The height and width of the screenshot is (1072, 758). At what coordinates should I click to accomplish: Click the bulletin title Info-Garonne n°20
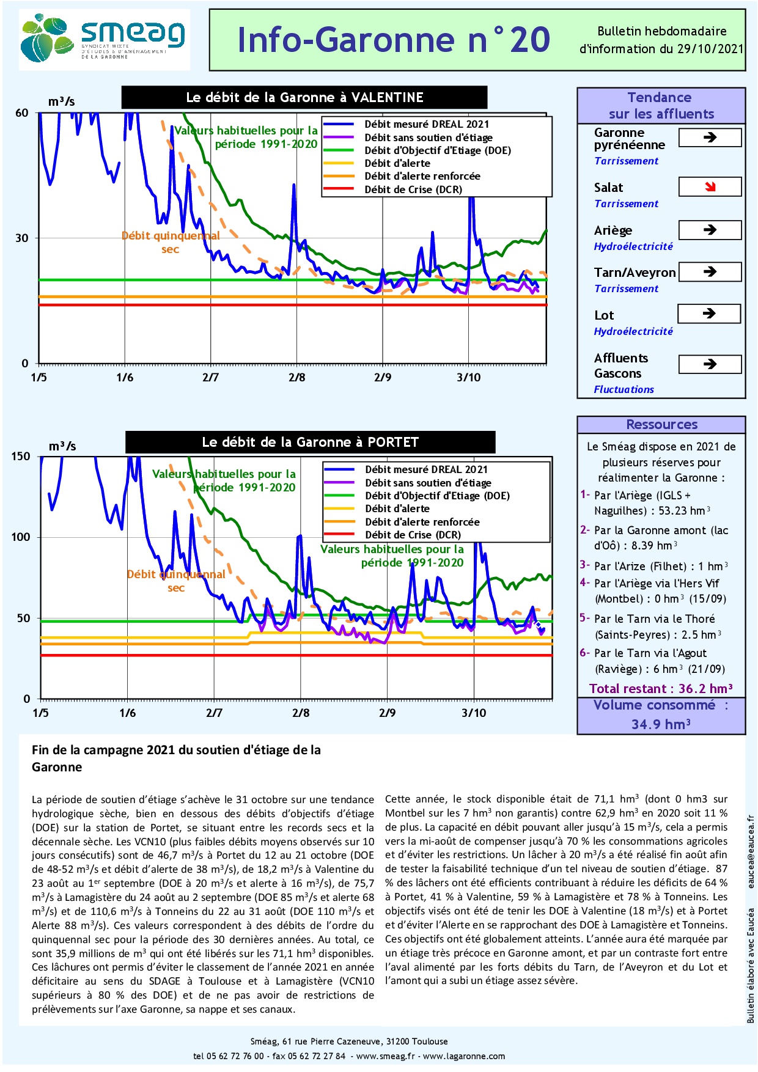point(393,40)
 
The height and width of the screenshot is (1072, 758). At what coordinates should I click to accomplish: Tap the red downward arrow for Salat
point(710,187)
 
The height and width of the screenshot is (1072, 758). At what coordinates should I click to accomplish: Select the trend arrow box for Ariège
point(710,230)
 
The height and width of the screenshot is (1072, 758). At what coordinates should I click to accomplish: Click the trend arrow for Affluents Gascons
point(710,364)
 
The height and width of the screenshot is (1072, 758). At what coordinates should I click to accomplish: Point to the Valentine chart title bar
point(304,97)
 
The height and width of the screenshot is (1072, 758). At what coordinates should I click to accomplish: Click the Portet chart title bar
point(310,442)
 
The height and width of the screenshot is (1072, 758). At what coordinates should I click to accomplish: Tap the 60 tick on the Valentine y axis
point(22,113)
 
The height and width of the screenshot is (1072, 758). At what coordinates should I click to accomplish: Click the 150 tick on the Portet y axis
point(20,457)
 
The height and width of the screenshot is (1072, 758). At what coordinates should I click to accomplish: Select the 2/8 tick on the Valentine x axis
point(296,377)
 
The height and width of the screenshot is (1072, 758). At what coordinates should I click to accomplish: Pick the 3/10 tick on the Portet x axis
point(474,713)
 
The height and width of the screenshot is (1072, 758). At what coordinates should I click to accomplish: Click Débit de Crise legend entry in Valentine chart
point(413,189)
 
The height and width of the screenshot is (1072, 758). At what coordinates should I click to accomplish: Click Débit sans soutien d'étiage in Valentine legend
point(428,138)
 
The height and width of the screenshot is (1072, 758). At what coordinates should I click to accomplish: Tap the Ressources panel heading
point(661,425)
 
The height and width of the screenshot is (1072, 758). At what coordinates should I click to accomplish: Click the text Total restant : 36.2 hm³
point(661,689)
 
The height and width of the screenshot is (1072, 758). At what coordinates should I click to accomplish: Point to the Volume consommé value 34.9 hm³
point(661,724)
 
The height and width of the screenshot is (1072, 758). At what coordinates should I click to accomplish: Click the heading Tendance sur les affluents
point(661,106)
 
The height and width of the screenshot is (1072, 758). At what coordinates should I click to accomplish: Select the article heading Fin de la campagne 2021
point(176,758)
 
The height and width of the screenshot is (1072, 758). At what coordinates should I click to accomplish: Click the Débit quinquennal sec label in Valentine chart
point(171,242)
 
